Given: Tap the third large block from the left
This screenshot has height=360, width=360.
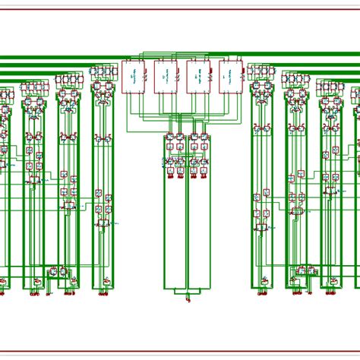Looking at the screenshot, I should click(x=197, y=77).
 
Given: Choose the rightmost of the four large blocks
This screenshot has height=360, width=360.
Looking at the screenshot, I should click(x=230, y=77).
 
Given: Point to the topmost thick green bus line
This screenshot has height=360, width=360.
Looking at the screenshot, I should click(x=61, y=58).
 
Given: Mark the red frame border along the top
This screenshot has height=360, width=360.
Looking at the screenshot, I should click(x=180, y=9).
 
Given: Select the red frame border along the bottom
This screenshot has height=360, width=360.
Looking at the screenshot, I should click(x=180, y=352).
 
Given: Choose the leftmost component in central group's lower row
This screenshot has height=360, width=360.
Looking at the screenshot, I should click(x=169, y=163).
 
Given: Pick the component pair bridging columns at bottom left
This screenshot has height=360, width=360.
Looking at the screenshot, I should click(x=57, y=270).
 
